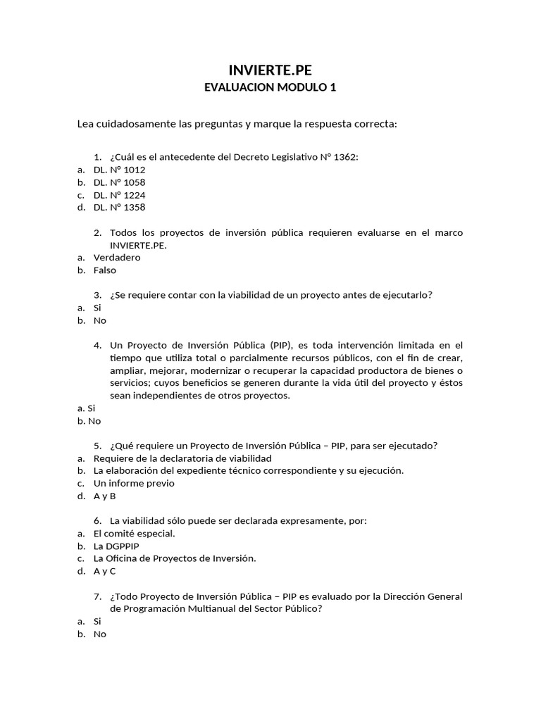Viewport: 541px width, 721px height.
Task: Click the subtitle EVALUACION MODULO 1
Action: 270,88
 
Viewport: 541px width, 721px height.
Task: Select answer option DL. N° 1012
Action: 119,170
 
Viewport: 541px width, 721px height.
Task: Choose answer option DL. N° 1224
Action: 119,195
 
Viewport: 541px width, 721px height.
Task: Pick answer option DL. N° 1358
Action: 119,208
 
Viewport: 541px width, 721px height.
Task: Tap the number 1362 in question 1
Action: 344,157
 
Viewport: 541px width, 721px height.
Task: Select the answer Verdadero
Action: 117,258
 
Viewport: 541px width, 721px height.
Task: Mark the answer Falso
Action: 105,270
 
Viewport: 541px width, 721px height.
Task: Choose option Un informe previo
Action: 134,484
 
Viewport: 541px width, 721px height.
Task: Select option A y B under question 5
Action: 104,496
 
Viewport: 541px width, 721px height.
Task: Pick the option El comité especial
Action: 135,534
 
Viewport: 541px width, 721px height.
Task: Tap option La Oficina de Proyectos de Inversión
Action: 175,559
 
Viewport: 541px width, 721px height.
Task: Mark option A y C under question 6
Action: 104,572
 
